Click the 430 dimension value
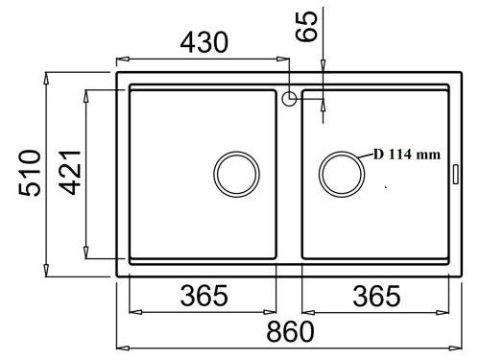(x=202, y=42)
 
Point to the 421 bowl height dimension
(x=69, y=174)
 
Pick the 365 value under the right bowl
(x=374, y=298)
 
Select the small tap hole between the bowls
(x=289, y=97)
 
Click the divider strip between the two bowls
(x=289, y=182)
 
